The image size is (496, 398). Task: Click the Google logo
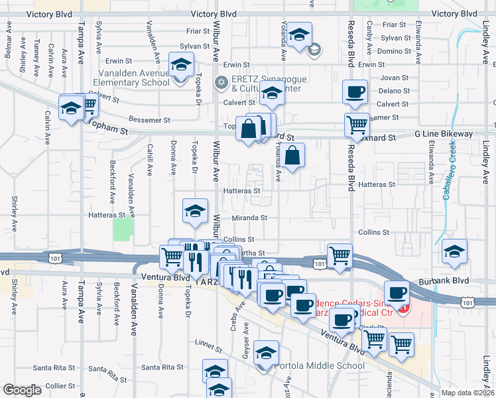(23, 390)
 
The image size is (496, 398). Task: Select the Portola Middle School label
(324, 365)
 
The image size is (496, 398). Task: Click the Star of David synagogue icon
(221, 83)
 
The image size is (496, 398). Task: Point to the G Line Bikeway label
(444, 134)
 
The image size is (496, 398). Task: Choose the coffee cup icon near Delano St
(355, 92)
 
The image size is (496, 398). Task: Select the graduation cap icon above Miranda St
(194, 211)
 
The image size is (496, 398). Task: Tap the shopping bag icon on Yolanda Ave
(292, 157)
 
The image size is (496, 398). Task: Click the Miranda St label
(249, 218)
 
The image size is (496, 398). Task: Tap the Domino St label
(395, 51)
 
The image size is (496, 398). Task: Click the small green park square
(122, 230)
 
